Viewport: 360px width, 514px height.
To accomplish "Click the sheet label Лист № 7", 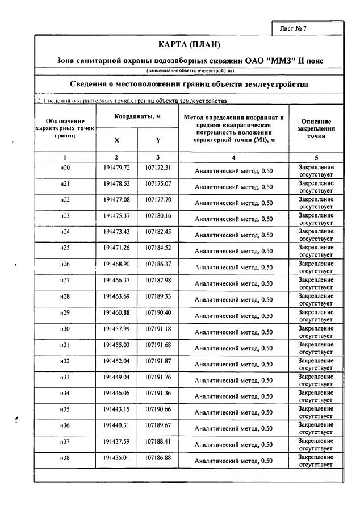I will (x=294, y=28).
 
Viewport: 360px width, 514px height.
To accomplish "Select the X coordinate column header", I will (x=116, y=141).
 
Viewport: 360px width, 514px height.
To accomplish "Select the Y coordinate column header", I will (x=158, y=141).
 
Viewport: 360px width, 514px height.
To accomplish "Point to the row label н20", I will (x=65, y=168).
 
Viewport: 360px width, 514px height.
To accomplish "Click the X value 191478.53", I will (x=116, y=184).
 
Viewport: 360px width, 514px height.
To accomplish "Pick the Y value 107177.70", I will (x=158, y=200).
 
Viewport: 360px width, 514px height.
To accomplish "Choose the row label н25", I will (x=65, y=248).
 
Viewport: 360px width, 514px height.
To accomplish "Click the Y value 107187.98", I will (x=158, y=281).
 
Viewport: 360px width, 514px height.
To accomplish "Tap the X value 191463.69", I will (x=116, y=296).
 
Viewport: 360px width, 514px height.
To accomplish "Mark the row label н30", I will (x=65, y=329).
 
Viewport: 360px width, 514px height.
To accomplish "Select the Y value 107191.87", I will (x=158, y=361).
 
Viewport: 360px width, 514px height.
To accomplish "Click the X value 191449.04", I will (x=116, y=377).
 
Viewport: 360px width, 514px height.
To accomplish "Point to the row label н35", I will (x=65, y=409).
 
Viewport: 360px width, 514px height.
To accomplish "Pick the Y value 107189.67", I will (x=158, y=425).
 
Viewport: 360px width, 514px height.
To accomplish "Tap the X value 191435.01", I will (x=116, y=457).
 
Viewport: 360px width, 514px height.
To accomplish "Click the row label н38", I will (x=65, y=457).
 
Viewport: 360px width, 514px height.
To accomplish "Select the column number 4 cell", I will (x=233, y=157).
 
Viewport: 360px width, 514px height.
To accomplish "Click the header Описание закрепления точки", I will (x=316, y=129).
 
